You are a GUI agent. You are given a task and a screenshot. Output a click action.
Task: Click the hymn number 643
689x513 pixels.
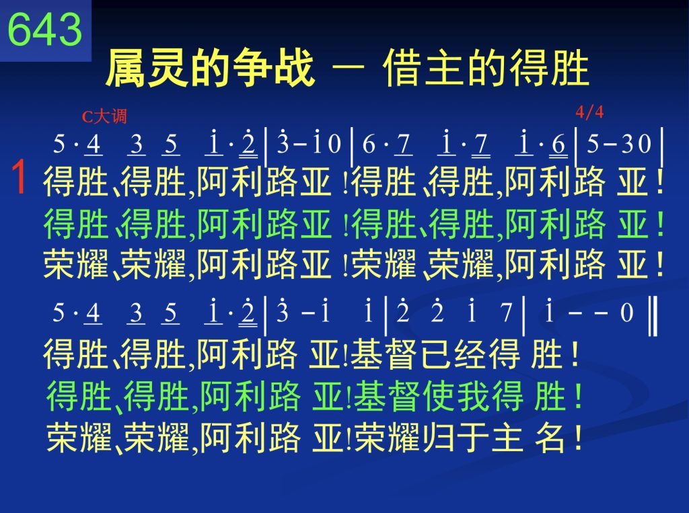coord(45,30)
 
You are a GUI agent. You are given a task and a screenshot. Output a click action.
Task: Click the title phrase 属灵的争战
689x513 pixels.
coord(210,68)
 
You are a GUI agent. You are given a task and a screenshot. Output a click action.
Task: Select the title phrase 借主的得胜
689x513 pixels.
coord(486,68)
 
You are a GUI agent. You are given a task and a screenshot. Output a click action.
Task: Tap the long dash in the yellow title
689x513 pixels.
coord(349,67)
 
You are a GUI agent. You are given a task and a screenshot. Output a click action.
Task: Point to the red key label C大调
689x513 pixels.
coord(104,116)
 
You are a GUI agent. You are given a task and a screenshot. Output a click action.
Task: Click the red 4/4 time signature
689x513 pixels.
coord(589,112)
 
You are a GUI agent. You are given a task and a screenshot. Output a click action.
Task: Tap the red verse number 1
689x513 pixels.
coord(18,177)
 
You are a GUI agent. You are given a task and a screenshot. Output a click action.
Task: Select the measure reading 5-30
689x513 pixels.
coord(619,144)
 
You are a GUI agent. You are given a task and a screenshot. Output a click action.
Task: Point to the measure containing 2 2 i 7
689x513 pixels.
coord(454,312)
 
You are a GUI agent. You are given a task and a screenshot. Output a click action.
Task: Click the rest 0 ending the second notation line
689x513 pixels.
coord(626,313)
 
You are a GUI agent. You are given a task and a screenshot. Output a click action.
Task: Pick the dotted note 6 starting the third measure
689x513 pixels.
coord(369,145)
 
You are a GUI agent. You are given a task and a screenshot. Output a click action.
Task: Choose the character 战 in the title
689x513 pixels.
coord(295,68)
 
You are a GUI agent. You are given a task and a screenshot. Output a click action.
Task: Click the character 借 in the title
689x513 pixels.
coord(403,68)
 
